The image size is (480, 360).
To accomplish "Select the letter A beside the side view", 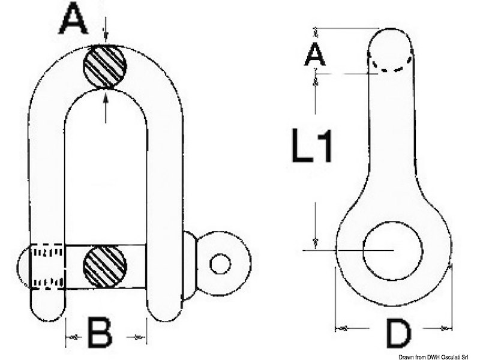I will coord(314,55).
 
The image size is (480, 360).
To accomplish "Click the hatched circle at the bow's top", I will coord(105,67).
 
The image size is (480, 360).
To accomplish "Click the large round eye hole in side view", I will coord(392,250).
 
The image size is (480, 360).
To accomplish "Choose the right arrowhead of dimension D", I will coord(445,328).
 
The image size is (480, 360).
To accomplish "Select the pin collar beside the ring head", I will coord(188,266).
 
